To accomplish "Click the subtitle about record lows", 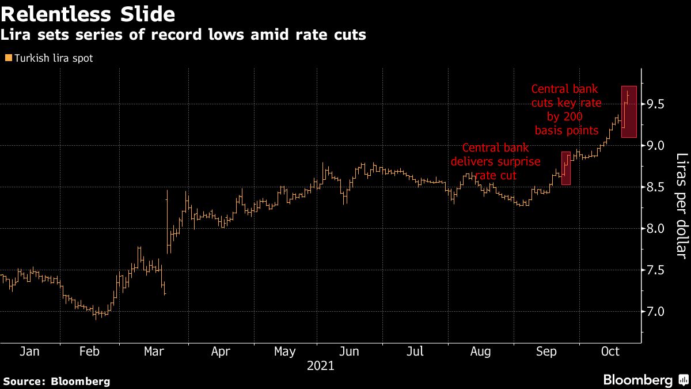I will [183, 35].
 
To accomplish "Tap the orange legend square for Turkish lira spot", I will [7, 58].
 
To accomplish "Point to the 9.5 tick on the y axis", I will [655, 104].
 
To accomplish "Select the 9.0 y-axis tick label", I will [655, 146].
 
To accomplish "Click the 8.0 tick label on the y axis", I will [655, 229].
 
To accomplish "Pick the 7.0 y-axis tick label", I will [655, 312].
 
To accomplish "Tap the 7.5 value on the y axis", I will [655, 270].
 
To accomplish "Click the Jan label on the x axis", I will [29, 352].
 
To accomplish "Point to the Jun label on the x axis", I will [350, 352].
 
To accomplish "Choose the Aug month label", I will [480, 352].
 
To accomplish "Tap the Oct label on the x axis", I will [610, 352].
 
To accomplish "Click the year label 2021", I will [320, 365].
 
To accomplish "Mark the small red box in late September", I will [565, 168].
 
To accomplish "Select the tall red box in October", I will [628, 112].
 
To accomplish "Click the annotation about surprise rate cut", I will [496, 161].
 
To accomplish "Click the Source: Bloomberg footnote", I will [56, 381].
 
